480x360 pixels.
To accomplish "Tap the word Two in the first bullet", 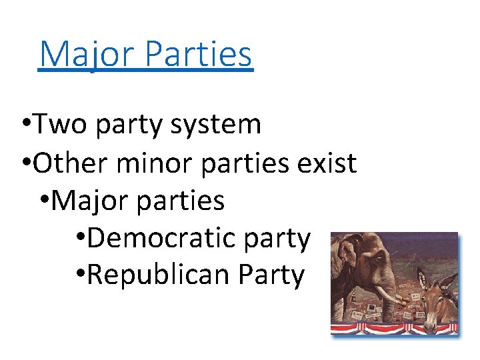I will [x=57, y=124].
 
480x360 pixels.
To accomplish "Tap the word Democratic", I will [x=163, y=237].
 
